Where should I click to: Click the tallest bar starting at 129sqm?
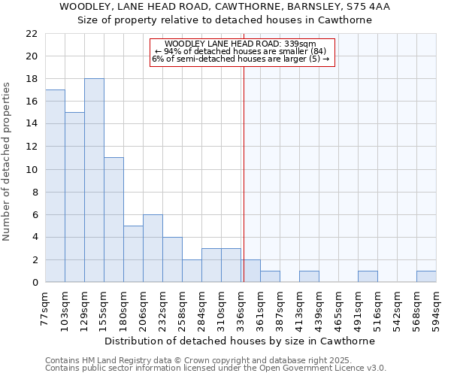click(94, 180)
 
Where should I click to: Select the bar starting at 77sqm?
click(55, 186)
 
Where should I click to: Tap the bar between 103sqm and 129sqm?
click(74, 197)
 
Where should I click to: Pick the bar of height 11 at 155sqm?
click(114, 220)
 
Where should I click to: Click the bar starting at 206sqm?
click(153, 248)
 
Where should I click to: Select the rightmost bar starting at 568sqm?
click(426, 277)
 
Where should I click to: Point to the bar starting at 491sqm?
click(368, 277)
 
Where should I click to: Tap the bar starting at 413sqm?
click(309, 277)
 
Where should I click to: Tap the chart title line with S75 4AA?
click(225, 7)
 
